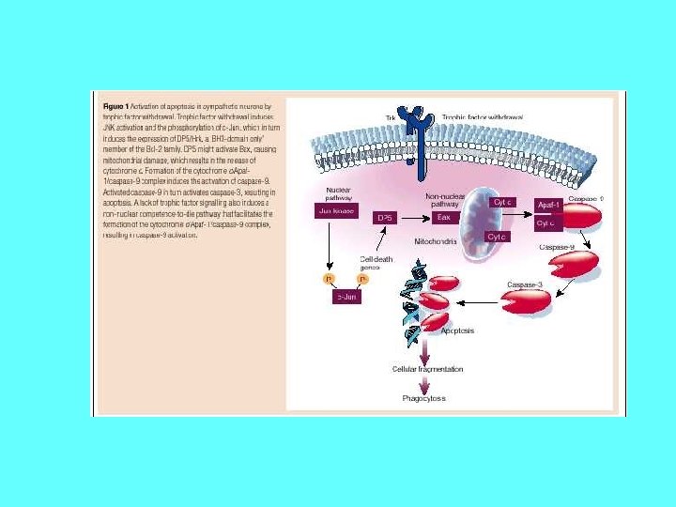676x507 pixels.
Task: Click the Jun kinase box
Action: (x=332, y=212)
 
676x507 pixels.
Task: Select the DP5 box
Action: (x=383, y=217)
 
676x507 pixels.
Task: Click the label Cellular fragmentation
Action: (x=426, y=369)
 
